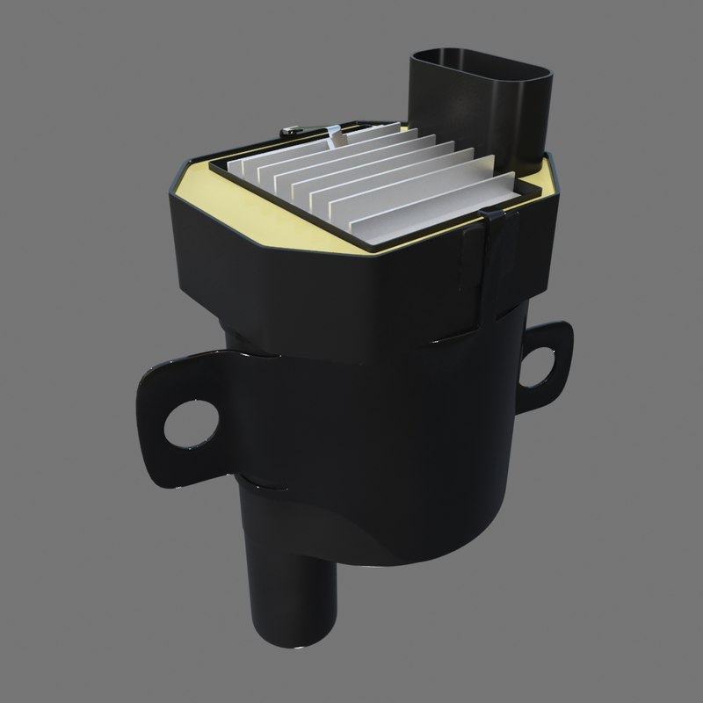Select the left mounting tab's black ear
point(167,413)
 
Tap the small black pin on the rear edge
point(288,133)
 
